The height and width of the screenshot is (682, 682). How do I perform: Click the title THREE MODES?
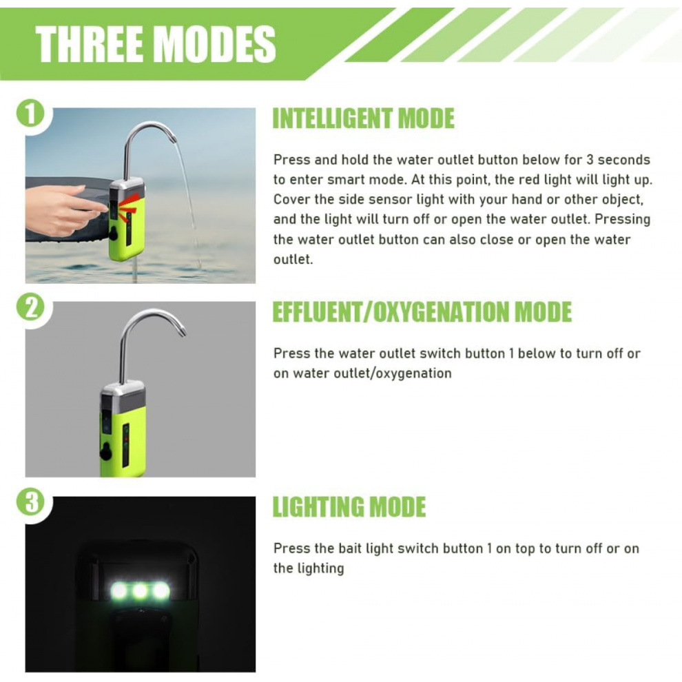pyautogui.click(x=155, y=44)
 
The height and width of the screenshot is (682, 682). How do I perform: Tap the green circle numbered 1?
pyautogui.click(x=30, y=114)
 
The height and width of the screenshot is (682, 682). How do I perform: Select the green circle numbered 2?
pyautogui.click(x=30, y=307)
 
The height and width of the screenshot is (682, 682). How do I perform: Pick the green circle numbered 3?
pyautogui.click(x=30, y=502)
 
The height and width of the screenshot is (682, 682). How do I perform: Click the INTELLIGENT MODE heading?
pyautogui.click(x=364, y=118)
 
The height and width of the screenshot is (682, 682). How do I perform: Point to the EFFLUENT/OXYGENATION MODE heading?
pyautogui.click(x=422, y=312)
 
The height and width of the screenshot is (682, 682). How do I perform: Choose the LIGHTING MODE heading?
pyautogui.click(x=349, y=507)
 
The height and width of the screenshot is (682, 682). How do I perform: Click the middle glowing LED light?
pyautogui.click(x=140, y=590)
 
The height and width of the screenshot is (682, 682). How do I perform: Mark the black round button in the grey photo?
pyautogui.click(x=105, y=453)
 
